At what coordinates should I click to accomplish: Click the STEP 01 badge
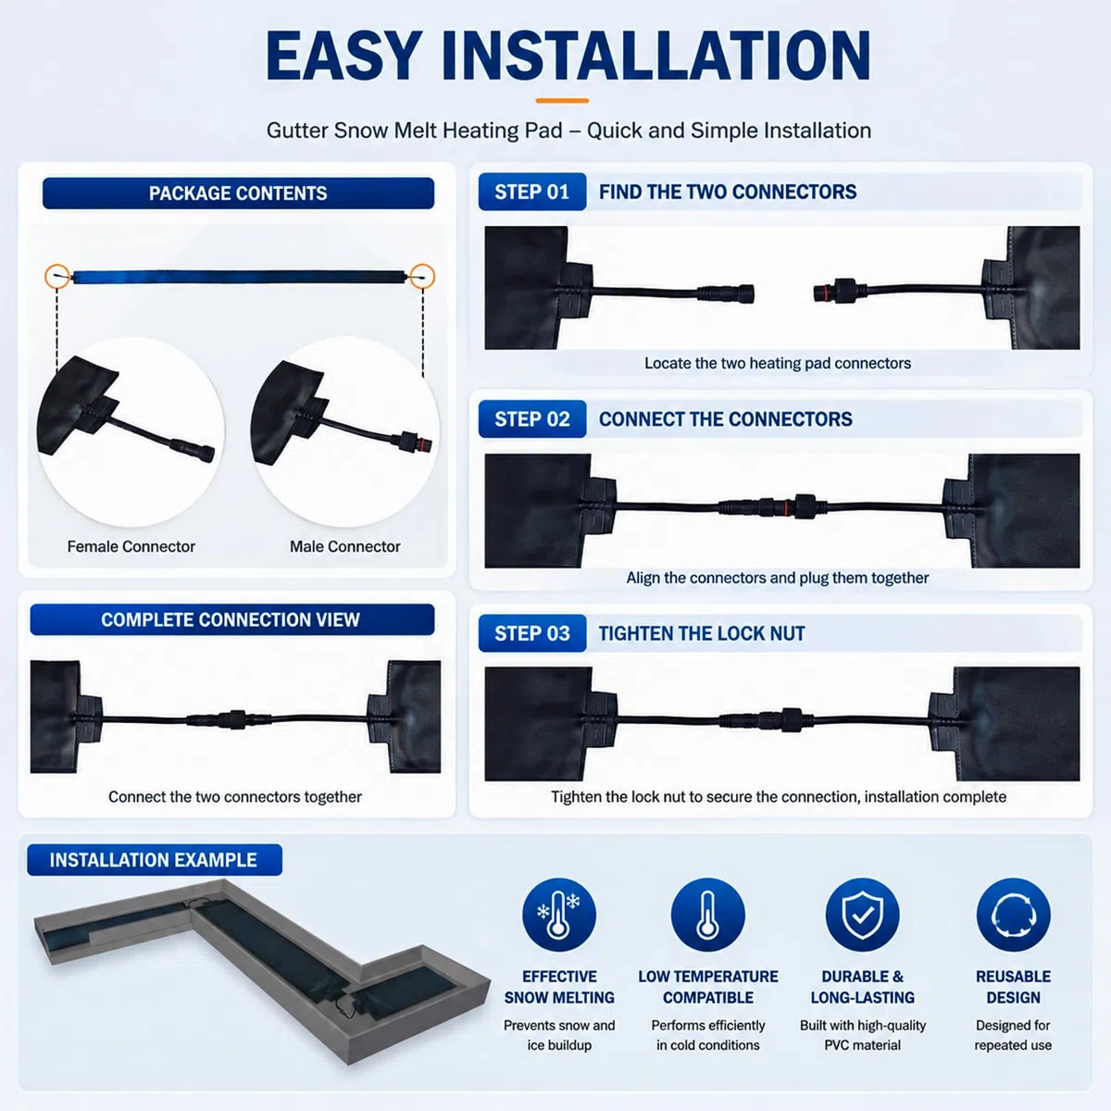(531, 192)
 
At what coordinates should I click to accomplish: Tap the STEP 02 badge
(531, 419)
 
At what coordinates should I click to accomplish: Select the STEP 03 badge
(531, 633)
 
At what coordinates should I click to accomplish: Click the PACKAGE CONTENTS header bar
(238, 193)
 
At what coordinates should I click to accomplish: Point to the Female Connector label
(131, 546)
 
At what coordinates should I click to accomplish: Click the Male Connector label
(344, 546)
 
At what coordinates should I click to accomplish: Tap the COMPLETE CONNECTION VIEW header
(231, 619)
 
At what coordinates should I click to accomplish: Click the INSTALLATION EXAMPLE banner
(154, 860)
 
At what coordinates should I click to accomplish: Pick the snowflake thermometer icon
(558, 915)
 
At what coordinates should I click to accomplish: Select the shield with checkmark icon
(863, 915)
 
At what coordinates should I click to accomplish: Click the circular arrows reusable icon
(1014, 915)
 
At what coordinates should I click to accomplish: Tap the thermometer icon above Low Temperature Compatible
(708, 915)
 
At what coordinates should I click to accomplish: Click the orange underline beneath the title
(562, 100)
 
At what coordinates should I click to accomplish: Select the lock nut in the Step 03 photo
(792, 719)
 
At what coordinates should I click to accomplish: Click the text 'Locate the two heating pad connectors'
(778, 363)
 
